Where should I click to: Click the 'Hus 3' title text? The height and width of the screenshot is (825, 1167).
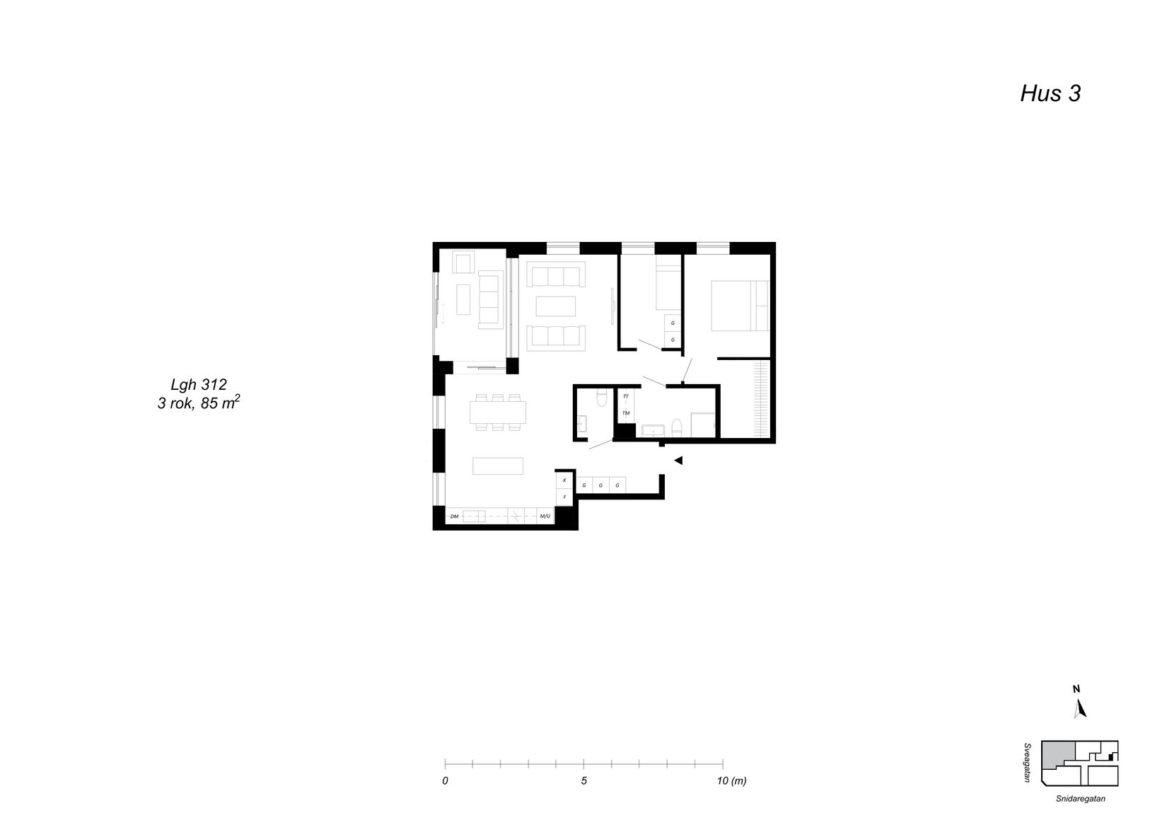pyautogui.click(x=1050, y=93)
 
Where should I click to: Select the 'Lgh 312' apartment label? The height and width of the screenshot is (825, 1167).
pyautogui.click(x=199, y=385)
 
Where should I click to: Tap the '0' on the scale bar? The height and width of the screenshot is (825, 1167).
pyautogui.click(x=445, y=781)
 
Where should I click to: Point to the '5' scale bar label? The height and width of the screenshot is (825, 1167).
pyautogui.click(x=583, y=781)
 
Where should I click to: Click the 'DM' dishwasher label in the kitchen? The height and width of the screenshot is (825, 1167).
pyautogui.click(x=454, y=517)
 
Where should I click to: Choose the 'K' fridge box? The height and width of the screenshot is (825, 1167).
pyautogui.click(x=564, y=480)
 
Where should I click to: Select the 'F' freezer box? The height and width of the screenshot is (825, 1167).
pyautogui.click(x=564, y=497)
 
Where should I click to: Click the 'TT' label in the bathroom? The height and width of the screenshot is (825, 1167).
pyautogui.click(x=626, y=397)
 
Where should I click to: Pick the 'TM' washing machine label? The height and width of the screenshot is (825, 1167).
pyautogui.click(x=626, y=412)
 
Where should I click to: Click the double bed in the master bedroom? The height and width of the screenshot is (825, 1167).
pyautogui.click(x=736, y=306)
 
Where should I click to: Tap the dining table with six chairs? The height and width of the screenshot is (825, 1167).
pyautogui.click(x=498, y=412)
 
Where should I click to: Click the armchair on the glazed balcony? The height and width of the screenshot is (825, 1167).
pyautogui.click(x=464, y=264)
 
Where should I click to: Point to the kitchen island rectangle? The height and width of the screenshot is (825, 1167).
pyautogui.click(x=498, y=466)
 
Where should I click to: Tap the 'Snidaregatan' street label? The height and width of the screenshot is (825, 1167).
pyautogui.click(x=1079, y=799)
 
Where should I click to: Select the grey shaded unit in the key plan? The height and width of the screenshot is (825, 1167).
pyautogui.click(x=1059, y=754)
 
